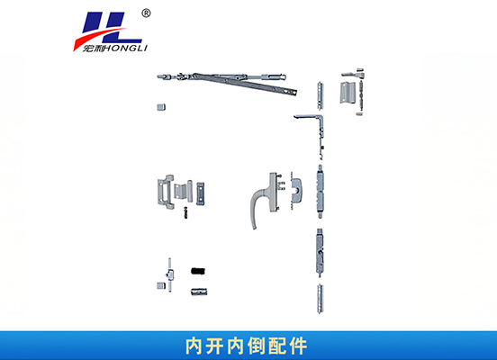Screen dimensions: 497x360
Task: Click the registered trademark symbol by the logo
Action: [146, 13]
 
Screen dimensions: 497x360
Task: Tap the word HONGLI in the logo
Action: [125, 49]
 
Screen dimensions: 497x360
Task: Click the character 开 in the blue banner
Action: [216, 346]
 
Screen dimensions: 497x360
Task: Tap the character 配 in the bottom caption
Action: [277, 346]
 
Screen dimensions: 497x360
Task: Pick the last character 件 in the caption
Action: [298, 346]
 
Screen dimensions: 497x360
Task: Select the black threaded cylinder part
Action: [198, 271]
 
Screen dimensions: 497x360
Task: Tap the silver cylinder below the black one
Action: [199, 292]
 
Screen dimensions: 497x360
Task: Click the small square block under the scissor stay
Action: [161, 107]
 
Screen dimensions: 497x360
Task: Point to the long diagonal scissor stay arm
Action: [244, 84]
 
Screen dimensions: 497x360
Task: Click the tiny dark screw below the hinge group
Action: [186, 212]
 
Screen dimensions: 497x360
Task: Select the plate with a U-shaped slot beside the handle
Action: [296, 191]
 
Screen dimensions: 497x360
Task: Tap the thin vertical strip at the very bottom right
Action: [321, 299]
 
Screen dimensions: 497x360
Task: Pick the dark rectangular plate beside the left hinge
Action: [200, 193]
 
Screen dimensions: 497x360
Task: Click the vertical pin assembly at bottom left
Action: [170, 274]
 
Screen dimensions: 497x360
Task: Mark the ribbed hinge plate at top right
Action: [347, 92]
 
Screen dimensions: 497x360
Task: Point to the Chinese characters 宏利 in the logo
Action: [94, 49]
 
